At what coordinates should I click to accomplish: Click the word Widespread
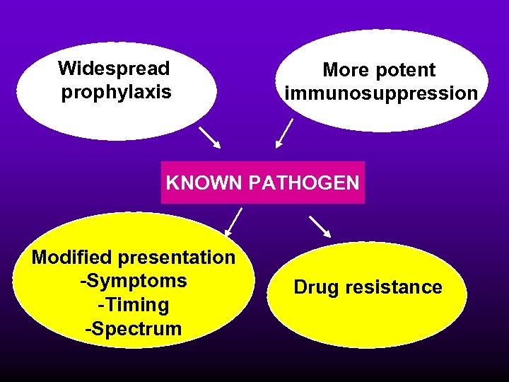(114, 69)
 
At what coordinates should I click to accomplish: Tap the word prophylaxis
(116, 92)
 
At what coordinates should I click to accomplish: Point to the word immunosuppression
(381, 93)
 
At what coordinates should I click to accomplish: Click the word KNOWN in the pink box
(204, 183)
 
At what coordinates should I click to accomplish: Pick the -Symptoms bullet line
(134, 281)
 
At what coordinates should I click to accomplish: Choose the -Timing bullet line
(134, 305)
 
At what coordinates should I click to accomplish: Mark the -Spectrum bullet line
(134, 328)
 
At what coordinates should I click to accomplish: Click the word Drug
(317, 287)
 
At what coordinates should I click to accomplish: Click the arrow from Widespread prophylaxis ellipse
(209, 137)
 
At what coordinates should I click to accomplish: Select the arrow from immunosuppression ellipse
(284, 133)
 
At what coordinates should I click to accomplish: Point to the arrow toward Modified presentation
(233, 221)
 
